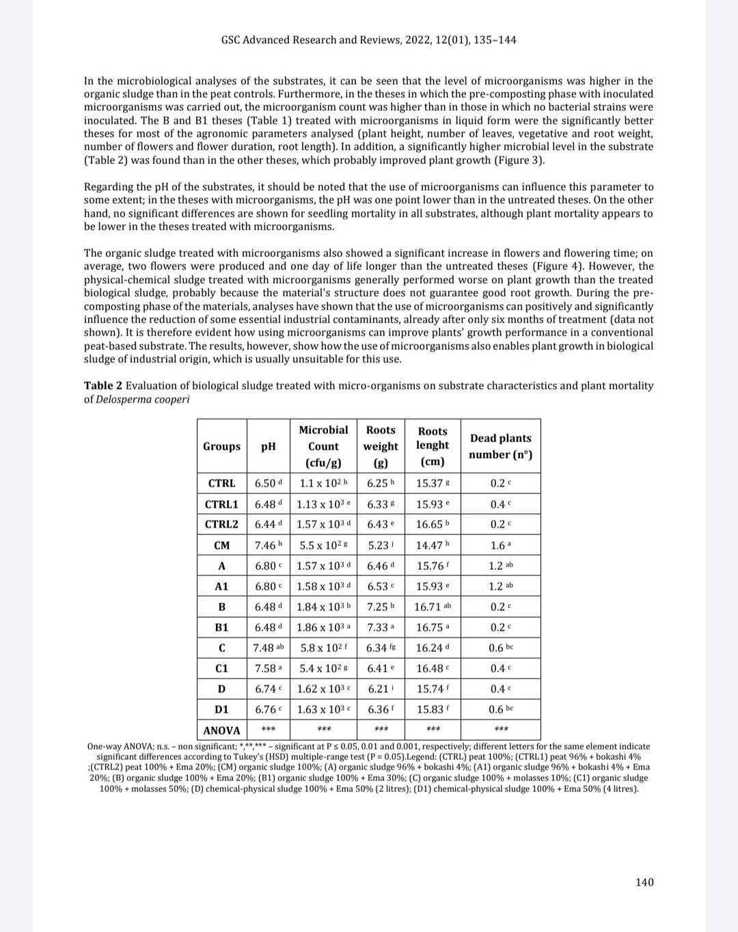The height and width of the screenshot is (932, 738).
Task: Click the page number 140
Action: pos(644,882)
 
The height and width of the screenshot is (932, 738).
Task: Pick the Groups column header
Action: pos(221,446)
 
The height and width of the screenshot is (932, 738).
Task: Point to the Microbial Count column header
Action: pos(323,446)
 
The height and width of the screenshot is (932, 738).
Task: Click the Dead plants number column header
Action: pos(500,446)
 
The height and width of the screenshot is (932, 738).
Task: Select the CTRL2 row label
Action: pos(221,524)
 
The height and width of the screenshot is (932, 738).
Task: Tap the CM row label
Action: pos(221,545)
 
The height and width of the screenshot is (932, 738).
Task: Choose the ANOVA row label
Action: pos(221,730)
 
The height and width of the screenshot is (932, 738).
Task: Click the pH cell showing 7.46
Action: pos(268,545)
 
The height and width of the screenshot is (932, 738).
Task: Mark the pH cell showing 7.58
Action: pos(268,668)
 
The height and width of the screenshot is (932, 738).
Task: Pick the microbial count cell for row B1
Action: pos(323,627)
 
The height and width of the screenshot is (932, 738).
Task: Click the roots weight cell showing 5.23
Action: pos(381,545)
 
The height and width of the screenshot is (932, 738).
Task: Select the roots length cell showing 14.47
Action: pos(433,545)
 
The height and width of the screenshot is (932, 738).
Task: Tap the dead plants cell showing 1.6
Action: pos(500,545)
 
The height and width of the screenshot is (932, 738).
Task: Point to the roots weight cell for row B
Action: pos(381,607)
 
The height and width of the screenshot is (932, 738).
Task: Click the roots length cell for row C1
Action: pos(433,668)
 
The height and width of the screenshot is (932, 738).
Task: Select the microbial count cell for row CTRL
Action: pos(323,483)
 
